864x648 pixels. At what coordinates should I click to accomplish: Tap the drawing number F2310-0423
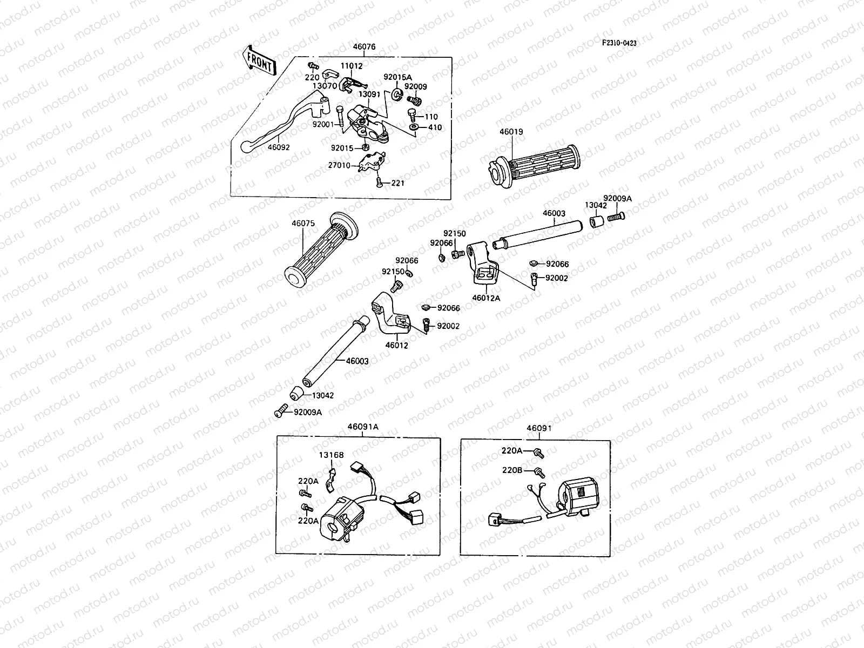tap(619, 43)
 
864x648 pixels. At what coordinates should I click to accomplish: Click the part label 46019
tap(511, 132)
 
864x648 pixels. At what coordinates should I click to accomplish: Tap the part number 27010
tap(340, 165)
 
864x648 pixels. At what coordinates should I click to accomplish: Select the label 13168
tap(331, 455)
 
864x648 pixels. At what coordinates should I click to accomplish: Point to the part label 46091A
tap(362, 427)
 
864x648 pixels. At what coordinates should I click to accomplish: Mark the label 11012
tap(352, 66)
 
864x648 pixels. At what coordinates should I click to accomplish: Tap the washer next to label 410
tap(414, 127)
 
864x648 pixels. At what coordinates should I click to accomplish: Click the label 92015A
tap(397, 77)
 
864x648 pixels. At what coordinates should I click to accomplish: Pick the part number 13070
tap(326, 85)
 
